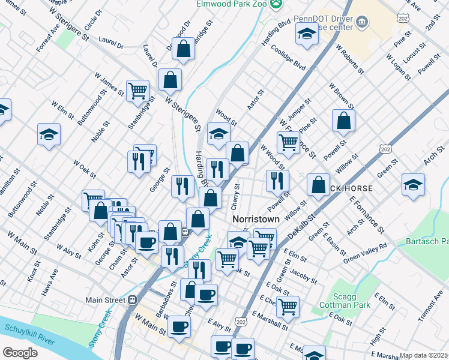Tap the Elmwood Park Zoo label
(x=231, y=4)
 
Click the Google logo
(x=20, y=353)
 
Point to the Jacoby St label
(x=302, y=275)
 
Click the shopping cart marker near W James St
(x=138, y=91)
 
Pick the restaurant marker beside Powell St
(x=277, y=180)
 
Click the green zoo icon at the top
(x=276, y=4)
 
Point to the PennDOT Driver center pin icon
(x=362, y=23)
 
